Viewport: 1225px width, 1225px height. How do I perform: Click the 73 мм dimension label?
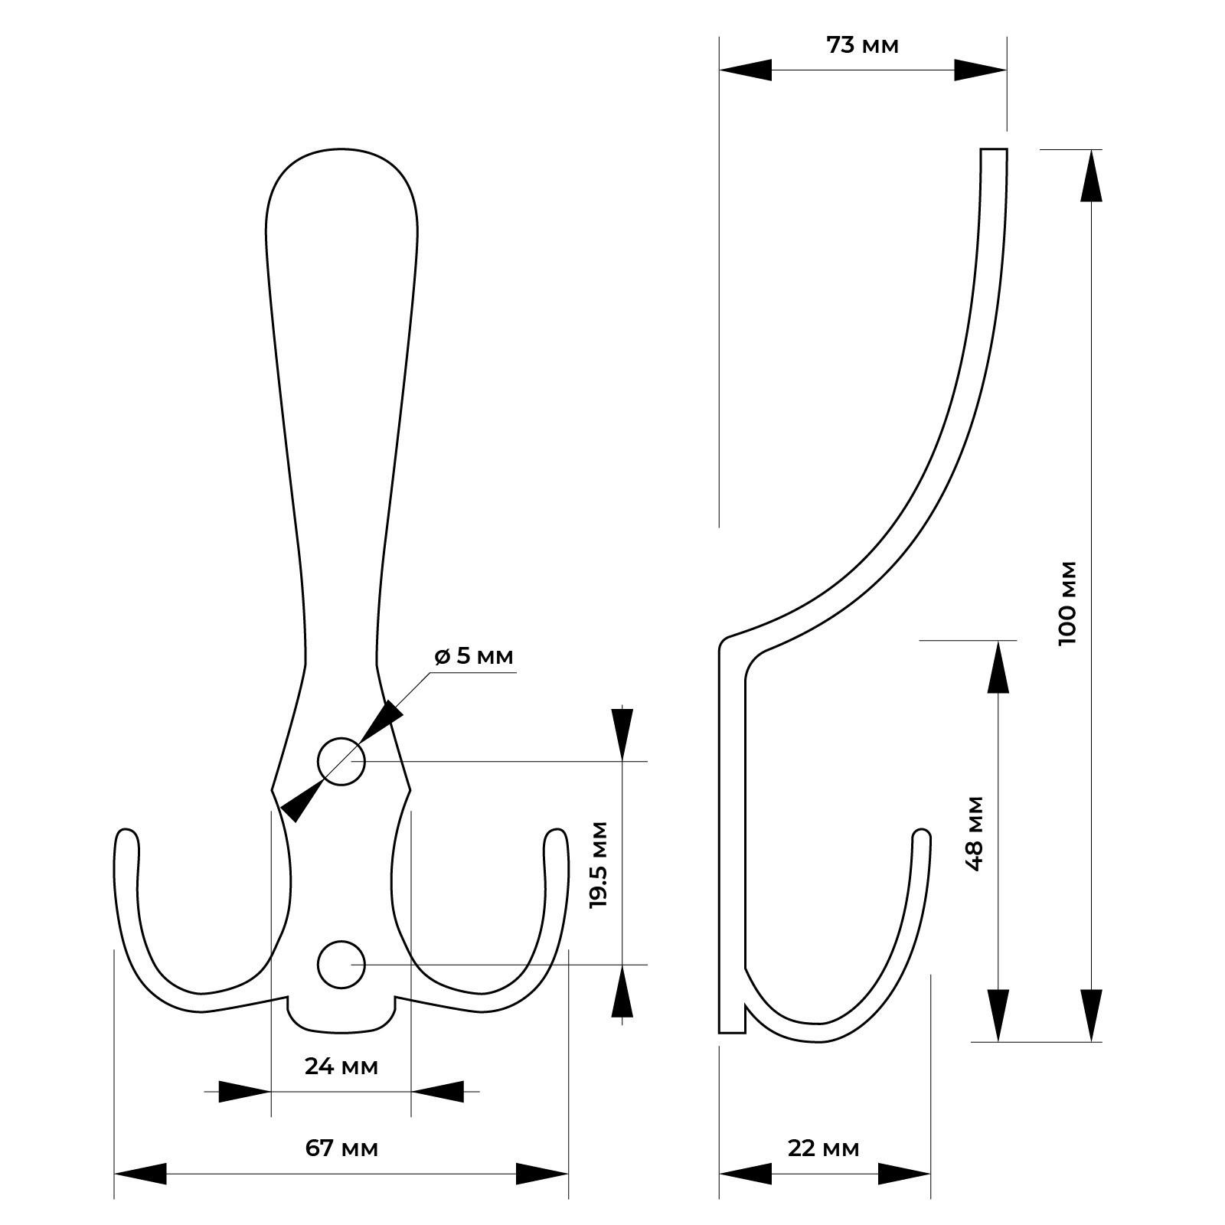pos(862,45)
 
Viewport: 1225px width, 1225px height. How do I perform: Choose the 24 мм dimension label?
pos(341,1065)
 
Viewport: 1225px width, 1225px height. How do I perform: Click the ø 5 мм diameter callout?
pos(473,656)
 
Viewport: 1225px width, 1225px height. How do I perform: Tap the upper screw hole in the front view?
pos(341,761)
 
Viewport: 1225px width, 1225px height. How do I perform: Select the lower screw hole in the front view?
pos(341,964)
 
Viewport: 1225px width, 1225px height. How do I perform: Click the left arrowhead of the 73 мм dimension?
pos(745,70)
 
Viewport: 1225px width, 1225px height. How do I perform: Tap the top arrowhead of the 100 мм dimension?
pos(1092,175)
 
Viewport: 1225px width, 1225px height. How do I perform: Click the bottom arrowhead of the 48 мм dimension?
pos(998,1015)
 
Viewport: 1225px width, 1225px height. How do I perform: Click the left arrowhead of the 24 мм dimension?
pos(245,1091)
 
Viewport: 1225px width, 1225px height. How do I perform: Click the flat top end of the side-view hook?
pos(994,149)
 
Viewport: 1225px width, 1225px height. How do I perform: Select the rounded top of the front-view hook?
pos(341,150)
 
